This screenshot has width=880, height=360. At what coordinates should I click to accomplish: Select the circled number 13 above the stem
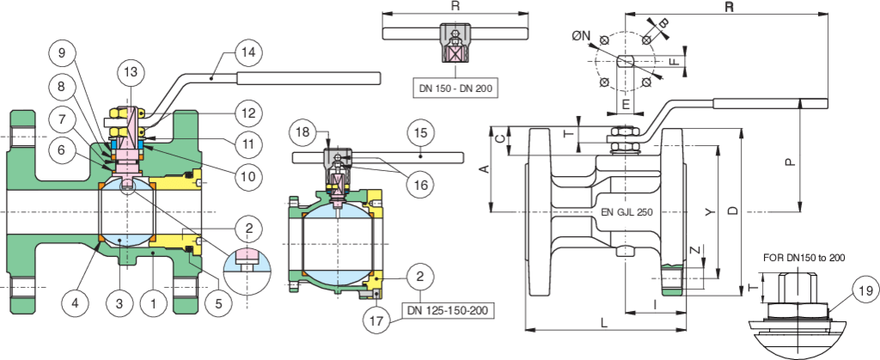point(130,71)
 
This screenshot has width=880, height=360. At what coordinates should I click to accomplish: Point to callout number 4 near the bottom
point(76,302)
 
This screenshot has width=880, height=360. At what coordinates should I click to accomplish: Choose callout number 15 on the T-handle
point(420,133)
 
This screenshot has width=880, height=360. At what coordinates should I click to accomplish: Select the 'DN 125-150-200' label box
point(448,308)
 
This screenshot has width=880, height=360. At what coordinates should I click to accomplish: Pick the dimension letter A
point(484,170)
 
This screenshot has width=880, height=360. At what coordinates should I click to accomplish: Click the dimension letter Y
point(707,211)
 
